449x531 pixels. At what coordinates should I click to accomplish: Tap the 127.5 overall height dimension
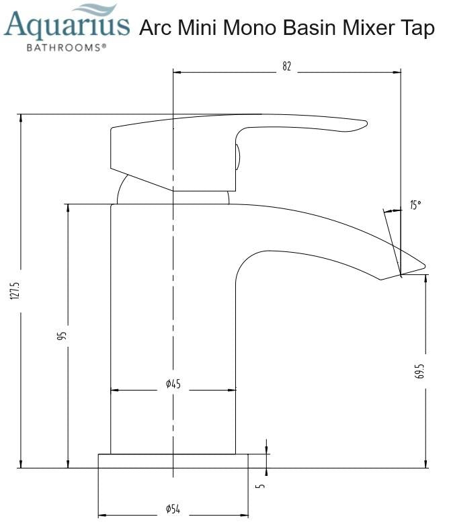pos(15,290)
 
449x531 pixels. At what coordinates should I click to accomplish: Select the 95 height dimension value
pos(61,335)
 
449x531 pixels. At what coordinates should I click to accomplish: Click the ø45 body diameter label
pos(173,384)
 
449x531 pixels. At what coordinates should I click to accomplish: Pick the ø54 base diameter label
pos(173,509)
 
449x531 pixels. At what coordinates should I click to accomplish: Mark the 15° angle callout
pos(416,205)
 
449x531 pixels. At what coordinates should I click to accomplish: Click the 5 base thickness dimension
pos(261,485)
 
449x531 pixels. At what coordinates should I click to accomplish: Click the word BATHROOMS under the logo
pos(65,48)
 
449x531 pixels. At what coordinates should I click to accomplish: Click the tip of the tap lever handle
pos(365,123)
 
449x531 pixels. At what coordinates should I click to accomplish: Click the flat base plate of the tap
pos(173,460)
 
